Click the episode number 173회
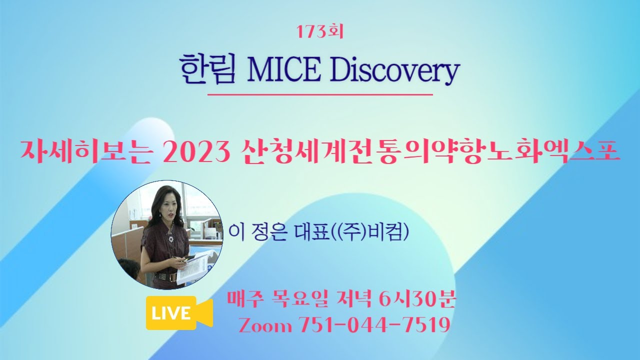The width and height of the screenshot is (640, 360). [319, 31]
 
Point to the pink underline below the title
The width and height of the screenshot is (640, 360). [320, 94]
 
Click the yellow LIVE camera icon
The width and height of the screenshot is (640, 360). [179, 313]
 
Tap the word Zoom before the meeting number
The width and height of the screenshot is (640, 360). [265, 325]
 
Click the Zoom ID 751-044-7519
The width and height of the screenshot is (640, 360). [374, 325]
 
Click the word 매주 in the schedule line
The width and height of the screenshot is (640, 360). [244, 299]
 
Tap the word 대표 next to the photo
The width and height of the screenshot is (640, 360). [313, 233]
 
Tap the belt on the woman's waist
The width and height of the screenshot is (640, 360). [165, 277]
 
